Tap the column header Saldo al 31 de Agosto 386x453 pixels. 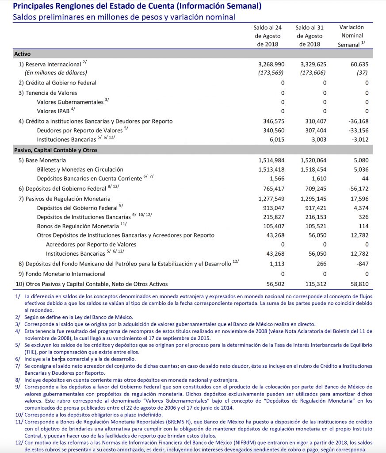309,36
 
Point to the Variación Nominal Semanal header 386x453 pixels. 352,36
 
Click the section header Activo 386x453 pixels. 23,54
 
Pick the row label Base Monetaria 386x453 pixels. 46,160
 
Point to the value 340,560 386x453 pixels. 271,131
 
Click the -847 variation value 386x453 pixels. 360,264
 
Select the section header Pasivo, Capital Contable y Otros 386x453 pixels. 56,150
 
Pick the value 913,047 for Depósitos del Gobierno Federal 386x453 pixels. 271,207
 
